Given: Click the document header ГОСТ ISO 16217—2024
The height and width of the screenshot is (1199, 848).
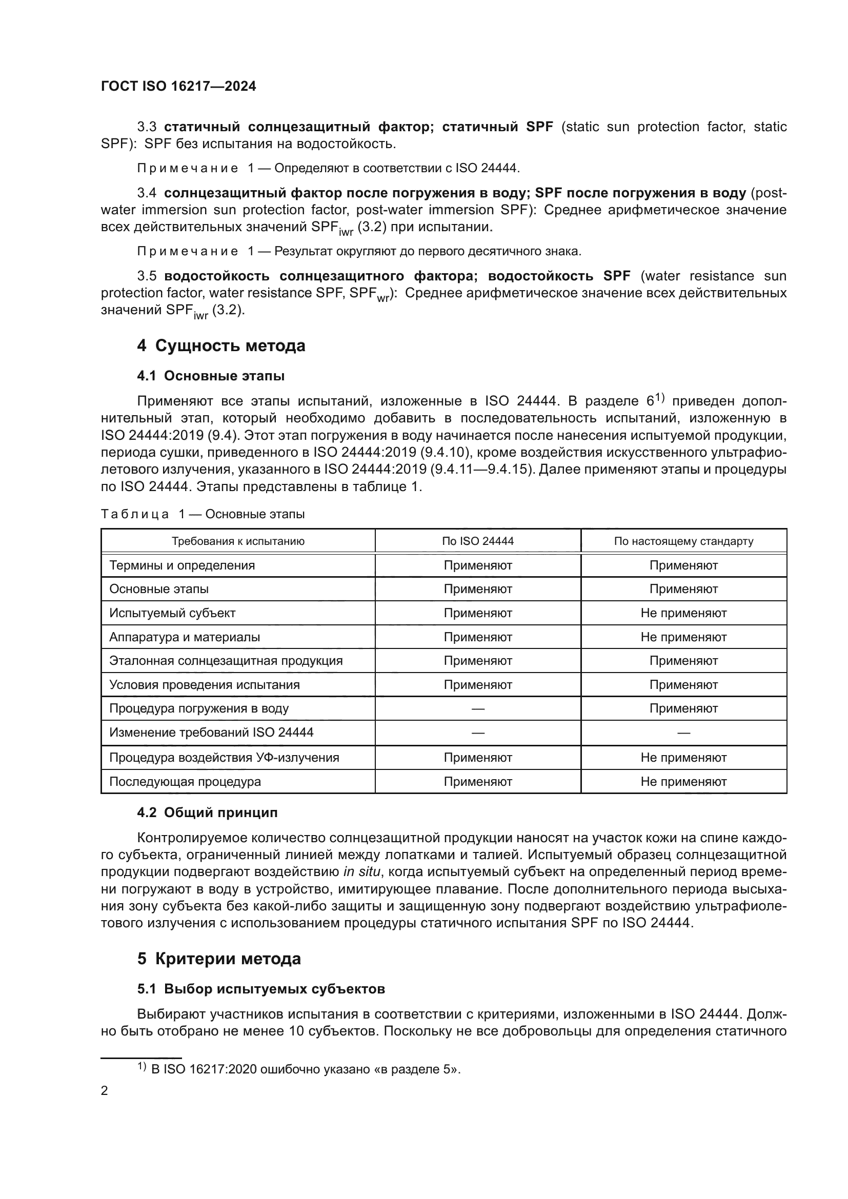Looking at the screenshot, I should point(178,86).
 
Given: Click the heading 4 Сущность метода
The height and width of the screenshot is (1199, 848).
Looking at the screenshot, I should point(221,346).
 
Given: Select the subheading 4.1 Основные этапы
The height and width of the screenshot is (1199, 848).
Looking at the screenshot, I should point(210,376).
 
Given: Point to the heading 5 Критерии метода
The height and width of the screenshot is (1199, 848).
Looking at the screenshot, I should point(219,959).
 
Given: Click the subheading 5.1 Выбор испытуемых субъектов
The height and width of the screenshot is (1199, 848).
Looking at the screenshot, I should point(261,989).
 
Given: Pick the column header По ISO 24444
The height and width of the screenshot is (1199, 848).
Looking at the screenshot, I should point(477,541).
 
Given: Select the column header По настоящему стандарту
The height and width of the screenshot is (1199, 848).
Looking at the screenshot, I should point(683,541).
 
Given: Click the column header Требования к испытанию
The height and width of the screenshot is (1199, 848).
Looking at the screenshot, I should point(238,541).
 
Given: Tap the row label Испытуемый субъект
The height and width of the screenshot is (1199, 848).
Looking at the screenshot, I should point(172,613).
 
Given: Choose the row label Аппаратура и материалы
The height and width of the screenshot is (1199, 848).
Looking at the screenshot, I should point(185,637).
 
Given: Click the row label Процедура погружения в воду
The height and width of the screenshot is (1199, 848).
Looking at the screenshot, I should point(198,708).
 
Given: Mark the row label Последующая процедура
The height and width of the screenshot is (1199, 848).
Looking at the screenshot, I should point(185,782).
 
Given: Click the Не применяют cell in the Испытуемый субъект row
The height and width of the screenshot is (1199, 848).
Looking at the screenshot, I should point(683,613).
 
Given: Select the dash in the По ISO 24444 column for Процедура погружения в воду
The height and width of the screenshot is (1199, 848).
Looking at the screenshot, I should point(477,709).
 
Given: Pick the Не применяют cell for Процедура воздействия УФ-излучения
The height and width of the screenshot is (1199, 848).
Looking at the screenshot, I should point(683,758).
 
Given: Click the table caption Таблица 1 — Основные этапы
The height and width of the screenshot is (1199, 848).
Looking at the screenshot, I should point(203,514).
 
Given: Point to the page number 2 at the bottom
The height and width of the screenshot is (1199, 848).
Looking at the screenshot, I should point(105,1091).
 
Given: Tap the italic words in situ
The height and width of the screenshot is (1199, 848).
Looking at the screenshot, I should point(362,872).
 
